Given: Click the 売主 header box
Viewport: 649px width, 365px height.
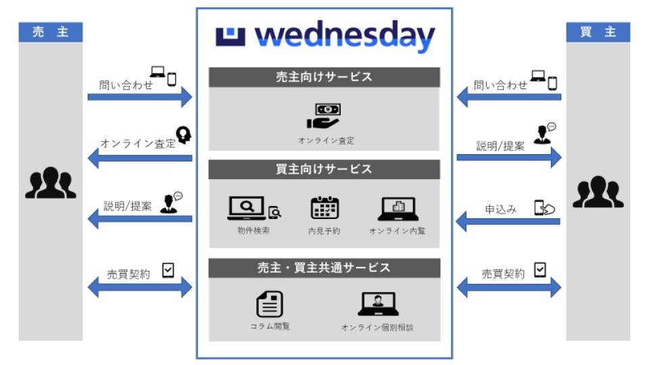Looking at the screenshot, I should [x=51, y=32].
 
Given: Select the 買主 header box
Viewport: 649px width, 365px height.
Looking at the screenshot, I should [x=598, y=32].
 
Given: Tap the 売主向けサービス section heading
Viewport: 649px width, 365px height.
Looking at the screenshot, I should [x=324, y=77].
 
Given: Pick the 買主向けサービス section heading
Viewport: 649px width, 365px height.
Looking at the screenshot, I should [x=324, y=169].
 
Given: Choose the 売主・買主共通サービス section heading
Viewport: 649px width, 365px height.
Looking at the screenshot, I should [x=324, y=268].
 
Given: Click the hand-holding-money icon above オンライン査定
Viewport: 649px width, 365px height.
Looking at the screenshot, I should [x=324, y=116].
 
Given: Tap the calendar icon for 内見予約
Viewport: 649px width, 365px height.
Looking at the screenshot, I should [x=324, y=208].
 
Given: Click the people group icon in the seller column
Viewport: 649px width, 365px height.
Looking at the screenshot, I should [x=51, y=184].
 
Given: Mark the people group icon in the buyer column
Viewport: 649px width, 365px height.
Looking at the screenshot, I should [x=598, y=193].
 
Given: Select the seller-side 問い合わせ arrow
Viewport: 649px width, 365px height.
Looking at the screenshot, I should [x=139, y=97].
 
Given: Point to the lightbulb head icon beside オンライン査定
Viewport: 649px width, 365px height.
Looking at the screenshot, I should [x=183, y=135].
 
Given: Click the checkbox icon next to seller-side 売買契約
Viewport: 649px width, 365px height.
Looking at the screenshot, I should [x=168, y=270].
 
